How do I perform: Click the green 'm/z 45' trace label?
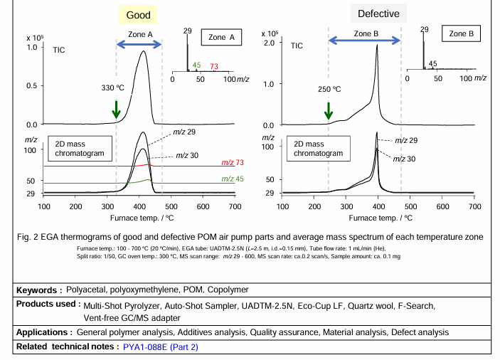pos(232,179)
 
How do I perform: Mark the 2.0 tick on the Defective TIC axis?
pos(270,43)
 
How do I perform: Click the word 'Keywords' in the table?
pos(39,290)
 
